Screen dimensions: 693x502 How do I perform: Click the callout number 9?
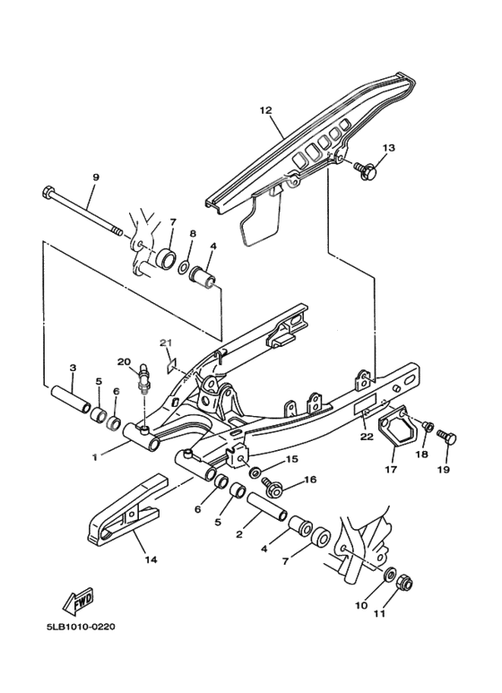coord(95,178)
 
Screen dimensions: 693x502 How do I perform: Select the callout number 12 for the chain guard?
coord(264,110)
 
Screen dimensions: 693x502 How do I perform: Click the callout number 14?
coord(150,560)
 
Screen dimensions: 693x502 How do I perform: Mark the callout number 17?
coord(391,468)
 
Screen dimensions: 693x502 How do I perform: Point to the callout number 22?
coord(366,437)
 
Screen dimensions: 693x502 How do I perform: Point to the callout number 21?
coord(165,342)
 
